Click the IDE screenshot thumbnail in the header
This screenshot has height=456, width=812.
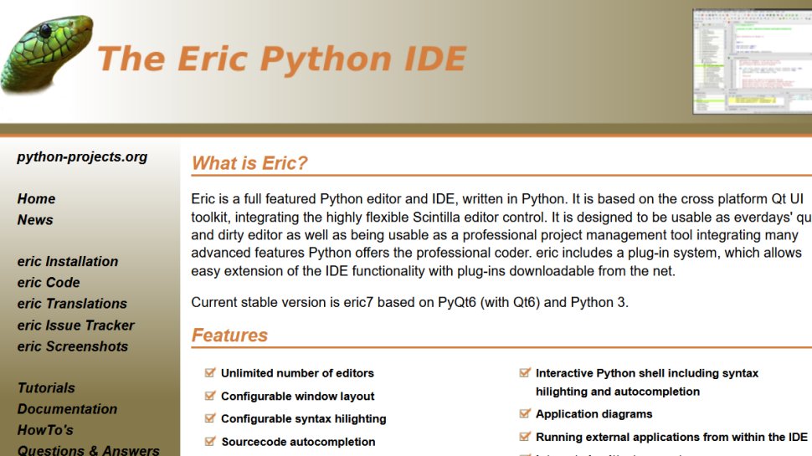coord(752,61)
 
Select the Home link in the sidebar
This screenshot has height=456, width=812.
coord(36,199)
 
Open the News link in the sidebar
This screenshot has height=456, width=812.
coord(35,220)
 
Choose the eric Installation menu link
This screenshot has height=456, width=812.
coord(68,262)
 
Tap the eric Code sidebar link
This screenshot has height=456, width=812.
coord(49,283)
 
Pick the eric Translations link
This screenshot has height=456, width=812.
coord(72,304)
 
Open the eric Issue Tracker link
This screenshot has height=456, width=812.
coord(75,325)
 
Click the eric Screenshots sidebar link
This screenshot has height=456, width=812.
coord(73,346)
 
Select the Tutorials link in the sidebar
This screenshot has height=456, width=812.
coord(46,388)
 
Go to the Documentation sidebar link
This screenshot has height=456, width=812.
coord(67,409)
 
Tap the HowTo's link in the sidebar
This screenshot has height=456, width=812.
coord(45,430)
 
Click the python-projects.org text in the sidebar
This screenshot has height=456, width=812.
coord(82,156)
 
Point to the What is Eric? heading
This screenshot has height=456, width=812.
coord(249,163)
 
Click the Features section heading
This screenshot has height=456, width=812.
coord(229,336)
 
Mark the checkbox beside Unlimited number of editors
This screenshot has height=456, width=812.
coord(210,373)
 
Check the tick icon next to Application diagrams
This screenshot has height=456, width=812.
coord(525,413)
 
